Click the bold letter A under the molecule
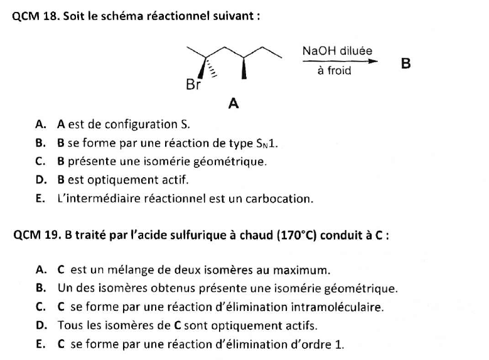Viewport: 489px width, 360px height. pyautogui.click(x=234, y=104)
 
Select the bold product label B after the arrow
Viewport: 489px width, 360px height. pyautogui.click(x=406, y=64)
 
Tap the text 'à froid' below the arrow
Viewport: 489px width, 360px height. pyautogui.click(x=335, y=71)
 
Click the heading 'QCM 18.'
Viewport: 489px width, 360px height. pyautogui.click(x=35, y=17)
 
